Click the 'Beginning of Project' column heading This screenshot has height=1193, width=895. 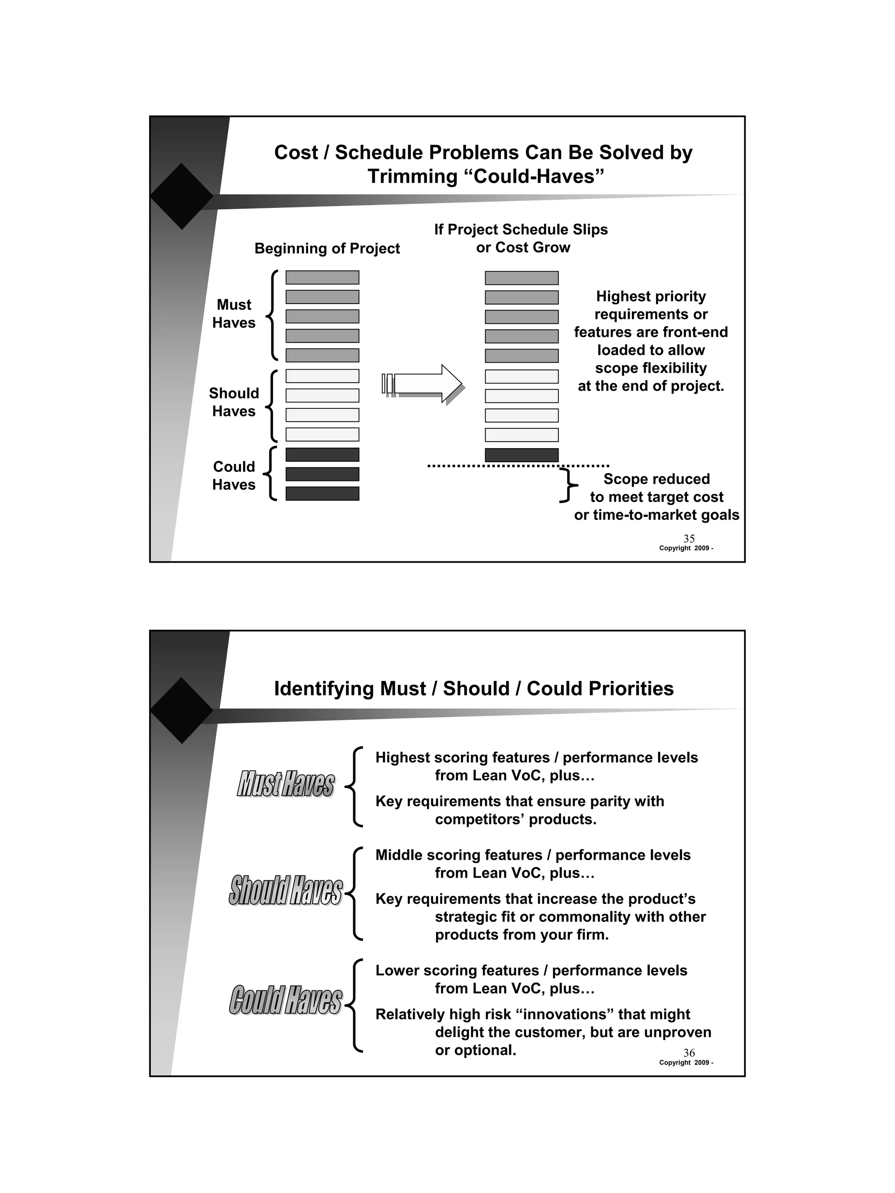pos(327,248)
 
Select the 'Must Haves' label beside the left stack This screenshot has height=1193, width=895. pos(234,313)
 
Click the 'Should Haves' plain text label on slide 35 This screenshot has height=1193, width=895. pos(234,402)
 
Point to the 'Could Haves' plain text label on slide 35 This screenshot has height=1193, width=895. pos(234,475)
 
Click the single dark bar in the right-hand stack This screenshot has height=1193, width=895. pos(521,455)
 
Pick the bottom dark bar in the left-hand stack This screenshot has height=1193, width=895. pos(322,494)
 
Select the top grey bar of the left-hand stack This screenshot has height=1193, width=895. pos(322,278)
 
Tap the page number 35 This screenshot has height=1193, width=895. pos(688,538)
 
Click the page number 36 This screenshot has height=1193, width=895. pos(688,1052)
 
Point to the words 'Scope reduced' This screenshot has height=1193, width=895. pos(656,479)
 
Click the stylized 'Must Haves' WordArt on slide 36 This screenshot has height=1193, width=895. pos(285,784)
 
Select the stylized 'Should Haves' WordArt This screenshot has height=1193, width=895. pos(285,890)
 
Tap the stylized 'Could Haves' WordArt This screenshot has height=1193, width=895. pos(285,999)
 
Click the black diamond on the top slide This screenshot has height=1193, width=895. pos(182,196)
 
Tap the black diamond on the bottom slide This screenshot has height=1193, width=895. pos(182,710)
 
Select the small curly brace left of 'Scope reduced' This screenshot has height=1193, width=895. pos(568,485)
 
